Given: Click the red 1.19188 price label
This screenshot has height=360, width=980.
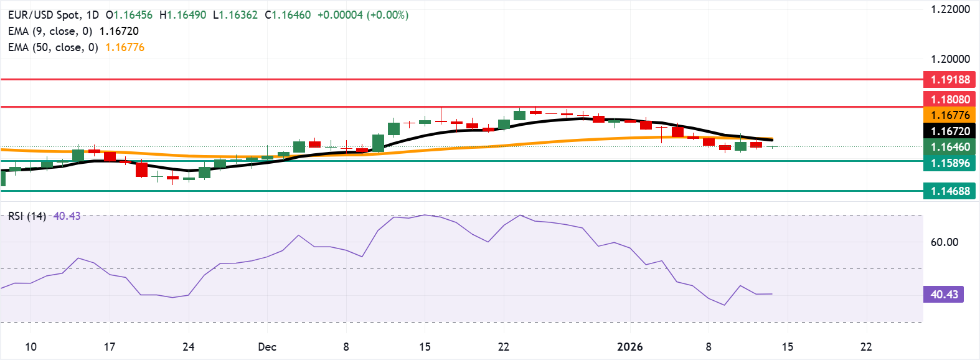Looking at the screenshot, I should pos(949,79).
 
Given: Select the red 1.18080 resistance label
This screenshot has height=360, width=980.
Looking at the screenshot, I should pos(949,99).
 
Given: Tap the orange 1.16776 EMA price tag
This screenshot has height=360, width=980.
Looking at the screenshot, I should pos(949,115).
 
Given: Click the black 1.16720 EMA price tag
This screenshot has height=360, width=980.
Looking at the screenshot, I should pos(949,131).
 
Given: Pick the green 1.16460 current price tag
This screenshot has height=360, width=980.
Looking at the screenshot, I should pos(949,147).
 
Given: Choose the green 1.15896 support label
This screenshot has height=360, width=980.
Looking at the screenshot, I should pos(949,163).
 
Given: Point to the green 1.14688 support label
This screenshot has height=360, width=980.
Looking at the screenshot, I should pos(949,191).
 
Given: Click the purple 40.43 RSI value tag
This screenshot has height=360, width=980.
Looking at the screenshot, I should pos(944,294).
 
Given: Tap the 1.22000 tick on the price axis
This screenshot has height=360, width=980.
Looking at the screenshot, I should pos(950,9).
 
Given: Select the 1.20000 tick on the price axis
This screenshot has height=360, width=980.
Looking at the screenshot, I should pos(950,59).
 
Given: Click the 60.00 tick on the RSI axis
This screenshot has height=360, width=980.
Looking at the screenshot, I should pos(944,242).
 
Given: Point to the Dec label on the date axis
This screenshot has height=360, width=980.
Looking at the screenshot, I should pos(267,347).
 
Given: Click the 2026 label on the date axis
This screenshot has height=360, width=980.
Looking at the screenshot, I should pos(629,347).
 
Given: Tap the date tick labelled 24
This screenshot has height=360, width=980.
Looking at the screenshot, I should pos(189,347).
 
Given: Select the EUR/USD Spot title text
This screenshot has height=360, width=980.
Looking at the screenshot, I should pos(44,15).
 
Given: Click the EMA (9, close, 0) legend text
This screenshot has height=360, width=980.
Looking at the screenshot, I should pos(50,31).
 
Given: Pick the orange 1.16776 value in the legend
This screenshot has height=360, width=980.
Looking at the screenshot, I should pos(125,47).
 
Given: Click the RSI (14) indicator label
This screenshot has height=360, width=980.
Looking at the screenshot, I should pos(27,216).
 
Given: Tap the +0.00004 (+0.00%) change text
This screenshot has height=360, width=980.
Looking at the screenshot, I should pos(362,15).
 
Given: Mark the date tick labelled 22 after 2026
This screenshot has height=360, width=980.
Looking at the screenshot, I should pos(866,347).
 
